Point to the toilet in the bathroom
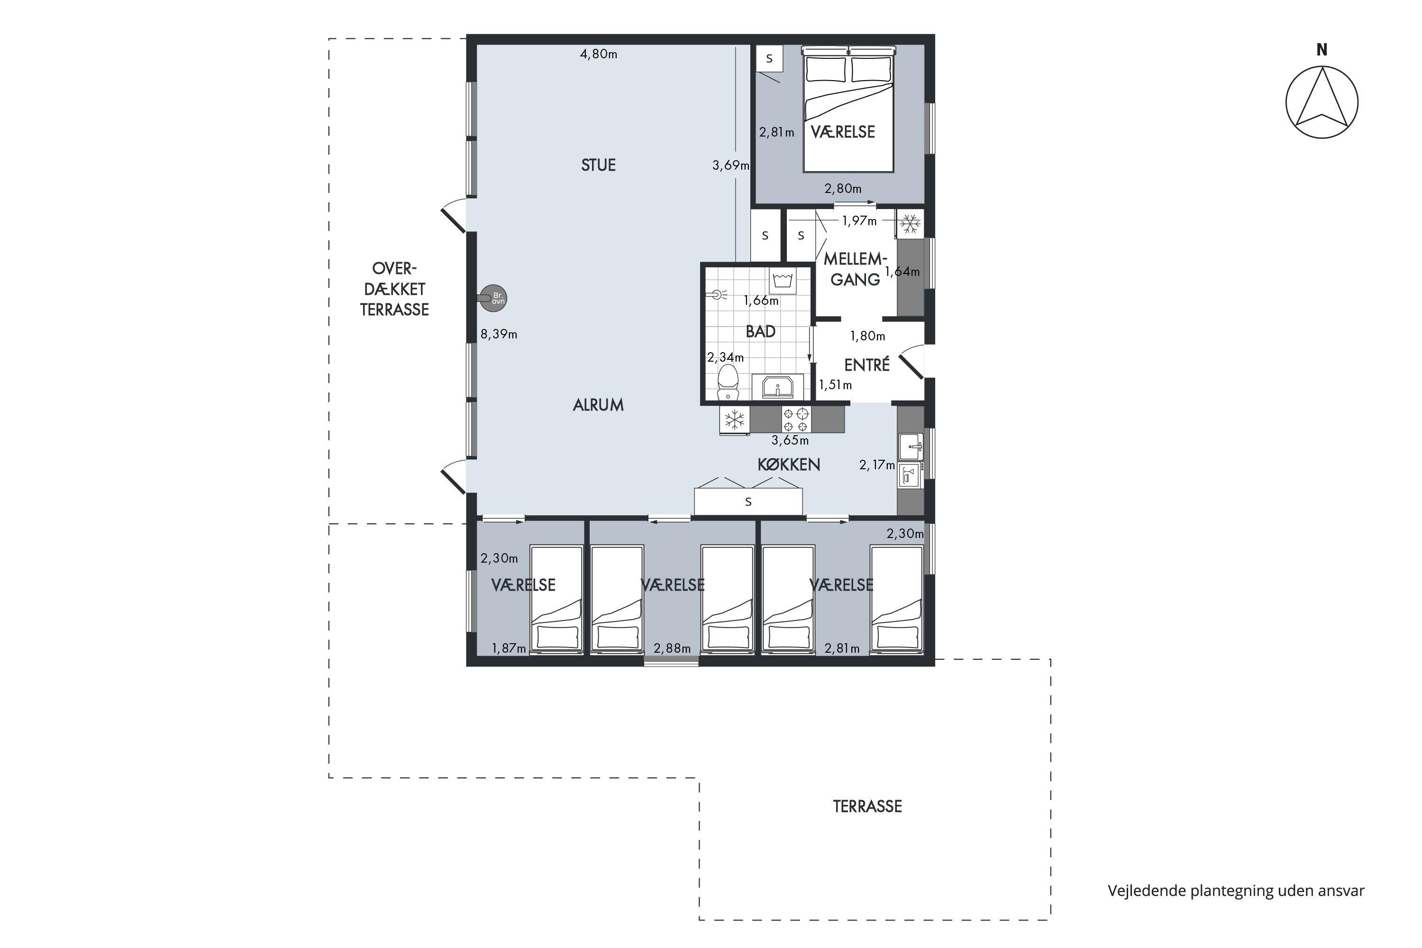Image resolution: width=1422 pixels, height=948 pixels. (x=728, y=382)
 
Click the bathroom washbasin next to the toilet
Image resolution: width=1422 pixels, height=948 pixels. (x=777, y=387)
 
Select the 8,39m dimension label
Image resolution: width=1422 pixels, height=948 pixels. (x=499, y=334)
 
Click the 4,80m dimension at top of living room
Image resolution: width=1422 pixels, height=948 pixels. (x=599, y=54)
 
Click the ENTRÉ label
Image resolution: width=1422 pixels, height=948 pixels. (x=867, y=365)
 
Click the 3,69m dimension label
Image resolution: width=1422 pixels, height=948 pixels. (x=730, y=165)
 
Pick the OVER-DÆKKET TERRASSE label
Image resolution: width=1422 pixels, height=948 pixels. (x=394, y=289)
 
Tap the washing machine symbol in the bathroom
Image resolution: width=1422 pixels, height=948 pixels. (x=783, y=281)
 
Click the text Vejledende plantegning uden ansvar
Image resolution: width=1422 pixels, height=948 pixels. (x=1236, y=891)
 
